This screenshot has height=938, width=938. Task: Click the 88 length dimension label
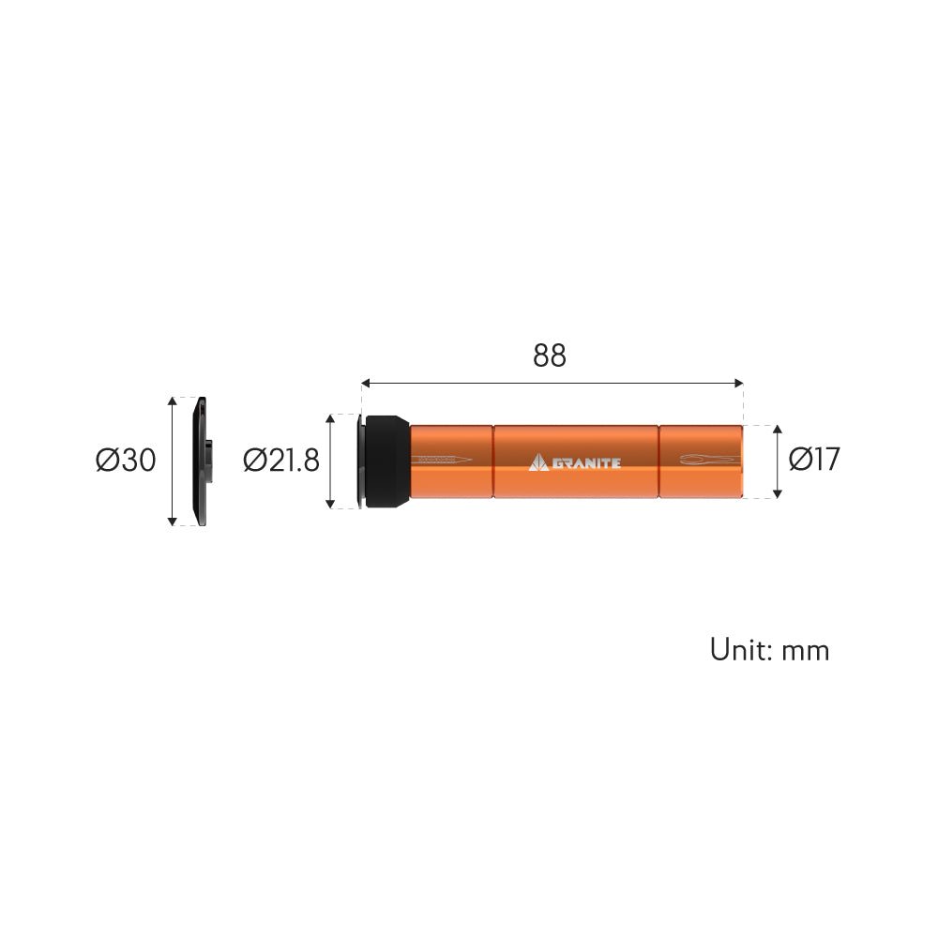coord(549,356)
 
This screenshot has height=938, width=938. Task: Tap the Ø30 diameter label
coord(126,461)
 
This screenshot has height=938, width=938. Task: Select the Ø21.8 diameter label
coord(281,461)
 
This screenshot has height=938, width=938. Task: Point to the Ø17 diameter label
coord(814,460)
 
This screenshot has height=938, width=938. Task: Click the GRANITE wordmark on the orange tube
coord(586,463)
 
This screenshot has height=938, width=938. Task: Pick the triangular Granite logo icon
coord(538,462)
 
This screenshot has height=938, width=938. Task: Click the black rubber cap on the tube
coord(387,461)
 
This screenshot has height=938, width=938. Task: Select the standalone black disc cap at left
coord(201,461)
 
